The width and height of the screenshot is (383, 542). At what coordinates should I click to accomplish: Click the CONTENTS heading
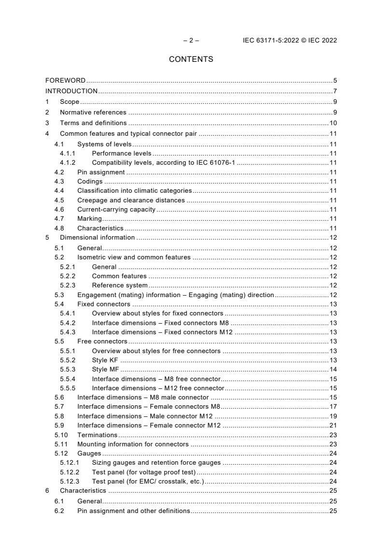(191, 59)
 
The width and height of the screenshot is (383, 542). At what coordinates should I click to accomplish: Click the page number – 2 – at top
(191, 41)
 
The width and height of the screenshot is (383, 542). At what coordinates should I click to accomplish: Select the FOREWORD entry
(65, 80)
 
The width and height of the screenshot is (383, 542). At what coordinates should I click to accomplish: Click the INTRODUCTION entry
(71, 91)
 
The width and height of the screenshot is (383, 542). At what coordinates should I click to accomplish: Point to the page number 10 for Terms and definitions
(333, 123)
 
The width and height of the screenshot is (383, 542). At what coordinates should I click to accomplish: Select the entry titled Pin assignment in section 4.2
(101, 172)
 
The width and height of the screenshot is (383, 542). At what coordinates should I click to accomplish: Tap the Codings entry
(90, 182)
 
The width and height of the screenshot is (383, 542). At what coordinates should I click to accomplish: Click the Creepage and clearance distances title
(131, 200)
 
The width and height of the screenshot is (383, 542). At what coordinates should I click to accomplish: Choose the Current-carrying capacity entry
(116, 210)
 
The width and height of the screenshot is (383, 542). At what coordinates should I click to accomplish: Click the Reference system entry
(120, 285)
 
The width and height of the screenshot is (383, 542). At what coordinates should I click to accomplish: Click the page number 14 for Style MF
(333, 370)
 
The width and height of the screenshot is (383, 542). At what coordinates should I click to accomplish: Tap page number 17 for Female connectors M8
(333, 407)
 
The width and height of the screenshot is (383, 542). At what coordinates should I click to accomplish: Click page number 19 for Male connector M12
(333, 416)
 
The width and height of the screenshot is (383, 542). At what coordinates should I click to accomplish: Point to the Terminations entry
(97, 435)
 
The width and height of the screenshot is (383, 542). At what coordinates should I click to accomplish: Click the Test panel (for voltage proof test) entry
(143, 472)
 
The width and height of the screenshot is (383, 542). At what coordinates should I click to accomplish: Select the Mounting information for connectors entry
(133, 444)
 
